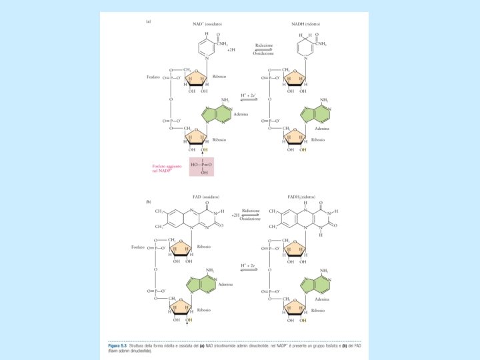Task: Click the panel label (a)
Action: (x=148, y=21)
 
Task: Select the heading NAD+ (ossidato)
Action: (x=207, y=24)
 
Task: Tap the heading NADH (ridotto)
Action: (x=306, y=24)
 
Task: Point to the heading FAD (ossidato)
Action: (x=206, y=197)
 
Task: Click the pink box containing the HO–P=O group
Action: (x=201, y=163)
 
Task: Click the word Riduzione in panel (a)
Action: (x=264, y=46)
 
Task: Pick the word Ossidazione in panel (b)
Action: (x=250, y=219)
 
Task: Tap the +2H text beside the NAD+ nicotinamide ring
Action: (x=231, y=50)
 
